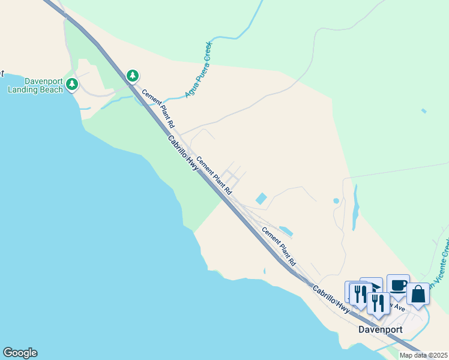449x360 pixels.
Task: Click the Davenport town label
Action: pos(380,329)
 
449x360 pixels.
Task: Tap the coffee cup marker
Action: pos(398,284)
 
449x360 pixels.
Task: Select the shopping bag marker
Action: pos(418,293)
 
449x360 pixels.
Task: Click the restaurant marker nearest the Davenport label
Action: pos(378,303)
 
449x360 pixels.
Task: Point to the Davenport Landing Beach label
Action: pos(35,86)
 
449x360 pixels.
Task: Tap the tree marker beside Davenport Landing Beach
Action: pos(72,84)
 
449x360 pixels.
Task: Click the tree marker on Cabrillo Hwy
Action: pos(133,76)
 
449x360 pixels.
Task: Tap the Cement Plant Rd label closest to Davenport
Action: pos(279,247)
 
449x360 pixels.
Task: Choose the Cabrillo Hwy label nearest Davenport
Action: pos(331,298)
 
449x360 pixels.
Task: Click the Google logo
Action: pos(20,353)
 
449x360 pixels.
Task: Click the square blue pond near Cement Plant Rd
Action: pos(262,198)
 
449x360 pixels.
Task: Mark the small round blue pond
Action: pos(336,200)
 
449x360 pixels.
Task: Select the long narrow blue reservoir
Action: pos(356,208)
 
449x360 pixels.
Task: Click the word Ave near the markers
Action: pos(399,308)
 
